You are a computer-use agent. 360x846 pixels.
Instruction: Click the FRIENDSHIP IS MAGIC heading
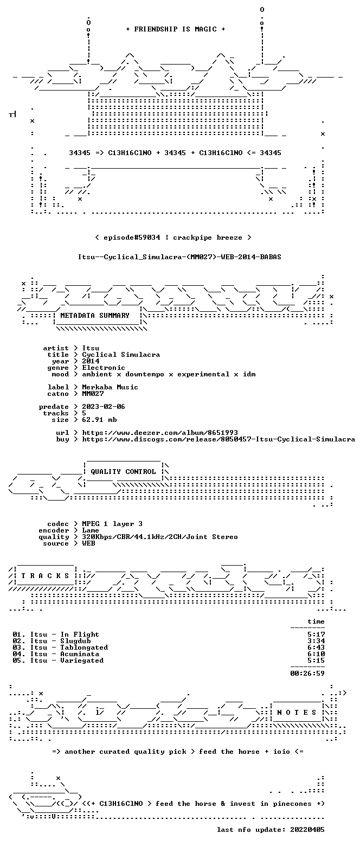[x=176, y=29]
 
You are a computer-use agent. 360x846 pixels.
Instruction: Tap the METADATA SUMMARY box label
[x=95, y=316]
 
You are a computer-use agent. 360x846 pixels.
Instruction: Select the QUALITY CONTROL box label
[x=123, y=472]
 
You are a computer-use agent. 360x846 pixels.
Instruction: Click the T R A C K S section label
[x=46, y=576]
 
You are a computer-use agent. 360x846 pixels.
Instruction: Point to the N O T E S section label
[x=297, y=712]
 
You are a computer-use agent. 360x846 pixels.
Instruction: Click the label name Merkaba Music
[x=110, y=387]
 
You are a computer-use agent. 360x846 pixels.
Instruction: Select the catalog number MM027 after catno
[x=93, y=394]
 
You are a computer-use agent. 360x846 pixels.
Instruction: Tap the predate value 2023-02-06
[x=104, y=407]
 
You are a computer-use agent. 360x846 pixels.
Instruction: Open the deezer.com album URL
[x=160, y=433]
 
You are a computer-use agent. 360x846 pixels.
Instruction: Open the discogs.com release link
[x=218, y=439]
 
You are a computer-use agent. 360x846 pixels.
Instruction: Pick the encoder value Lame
[x=91, y=530]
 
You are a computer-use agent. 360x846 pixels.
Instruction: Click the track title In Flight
[x=80, y=634]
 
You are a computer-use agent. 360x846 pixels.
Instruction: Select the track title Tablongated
[x=84, y=648]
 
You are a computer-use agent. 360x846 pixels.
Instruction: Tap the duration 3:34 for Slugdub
[x=316, y=641]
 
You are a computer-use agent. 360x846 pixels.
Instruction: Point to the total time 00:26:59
[x=307, y=674]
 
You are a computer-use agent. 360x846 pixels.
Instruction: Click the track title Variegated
[x=82, y=661]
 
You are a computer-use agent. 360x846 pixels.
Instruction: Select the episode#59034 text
[x=132, y=238]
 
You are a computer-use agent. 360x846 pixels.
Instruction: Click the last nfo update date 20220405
[x=307, y=830]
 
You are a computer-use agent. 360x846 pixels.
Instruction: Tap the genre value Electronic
[x=104, y=368]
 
